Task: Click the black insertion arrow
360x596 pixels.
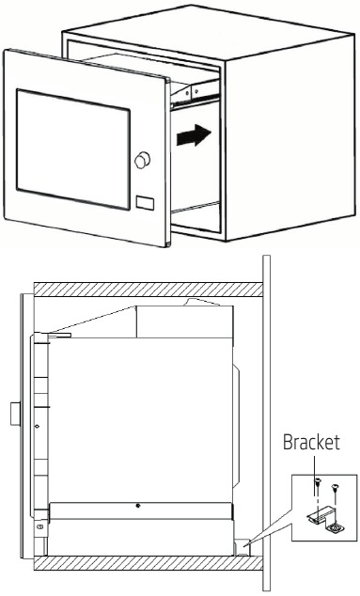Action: (x=192, y=137)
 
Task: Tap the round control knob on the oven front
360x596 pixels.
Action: (x=143, y=161)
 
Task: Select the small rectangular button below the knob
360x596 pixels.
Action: (x=144, y=202)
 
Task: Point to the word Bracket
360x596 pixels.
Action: (x=312, y=442)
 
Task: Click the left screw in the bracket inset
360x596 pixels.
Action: (x=317, y=484)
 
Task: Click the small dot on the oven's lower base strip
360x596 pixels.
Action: (x=138, y=509)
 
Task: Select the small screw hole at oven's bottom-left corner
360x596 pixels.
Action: (x=39, y=528)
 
